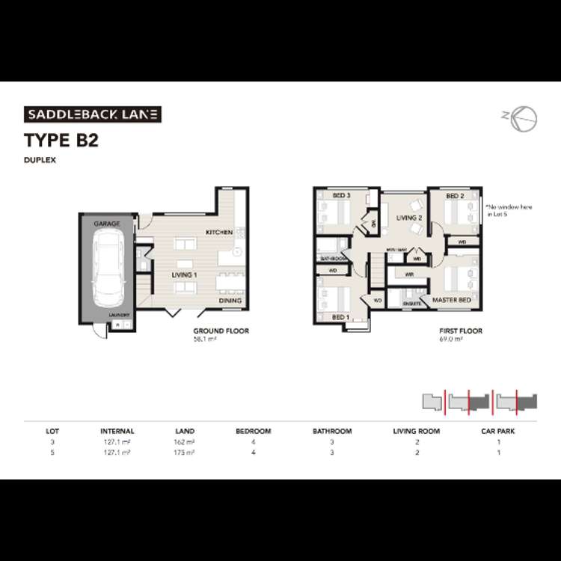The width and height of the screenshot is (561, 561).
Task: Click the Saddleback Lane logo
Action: click(x=93, y=114)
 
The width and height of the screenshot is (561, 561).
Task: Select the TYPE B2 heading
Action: click(x=61, y=141)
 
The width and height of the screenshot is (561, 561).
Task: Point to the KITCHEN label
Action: click(x=219, y=233)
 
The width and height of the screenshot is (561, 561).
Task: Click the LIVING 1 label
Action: click(x=184, y=275)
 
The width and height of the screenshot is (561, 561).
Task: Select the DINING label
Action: click(x=230, y=301)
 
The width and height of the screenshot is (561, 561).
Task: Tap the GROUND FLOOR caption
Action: click(x=221, y=331)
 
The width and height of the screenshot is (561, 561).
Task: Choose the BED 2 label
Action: click(x=456, y=196)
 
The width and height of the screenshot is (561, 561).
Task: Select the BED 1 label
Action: click(x=340, y=317)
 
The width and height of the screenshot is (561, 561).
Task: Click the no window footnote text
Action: click(x=500, y=209)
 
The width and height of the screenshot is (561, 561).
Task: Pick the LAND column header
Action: click(x=184, y=431)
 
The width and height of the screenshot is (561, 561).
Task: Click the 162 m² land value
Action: click(x=184, y=442)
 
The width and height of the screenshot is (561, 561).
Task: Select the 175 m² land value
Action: click(x=184, y=453)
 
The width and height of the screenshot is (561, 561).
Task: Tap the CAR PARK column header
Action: click(x=497, y=431)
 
